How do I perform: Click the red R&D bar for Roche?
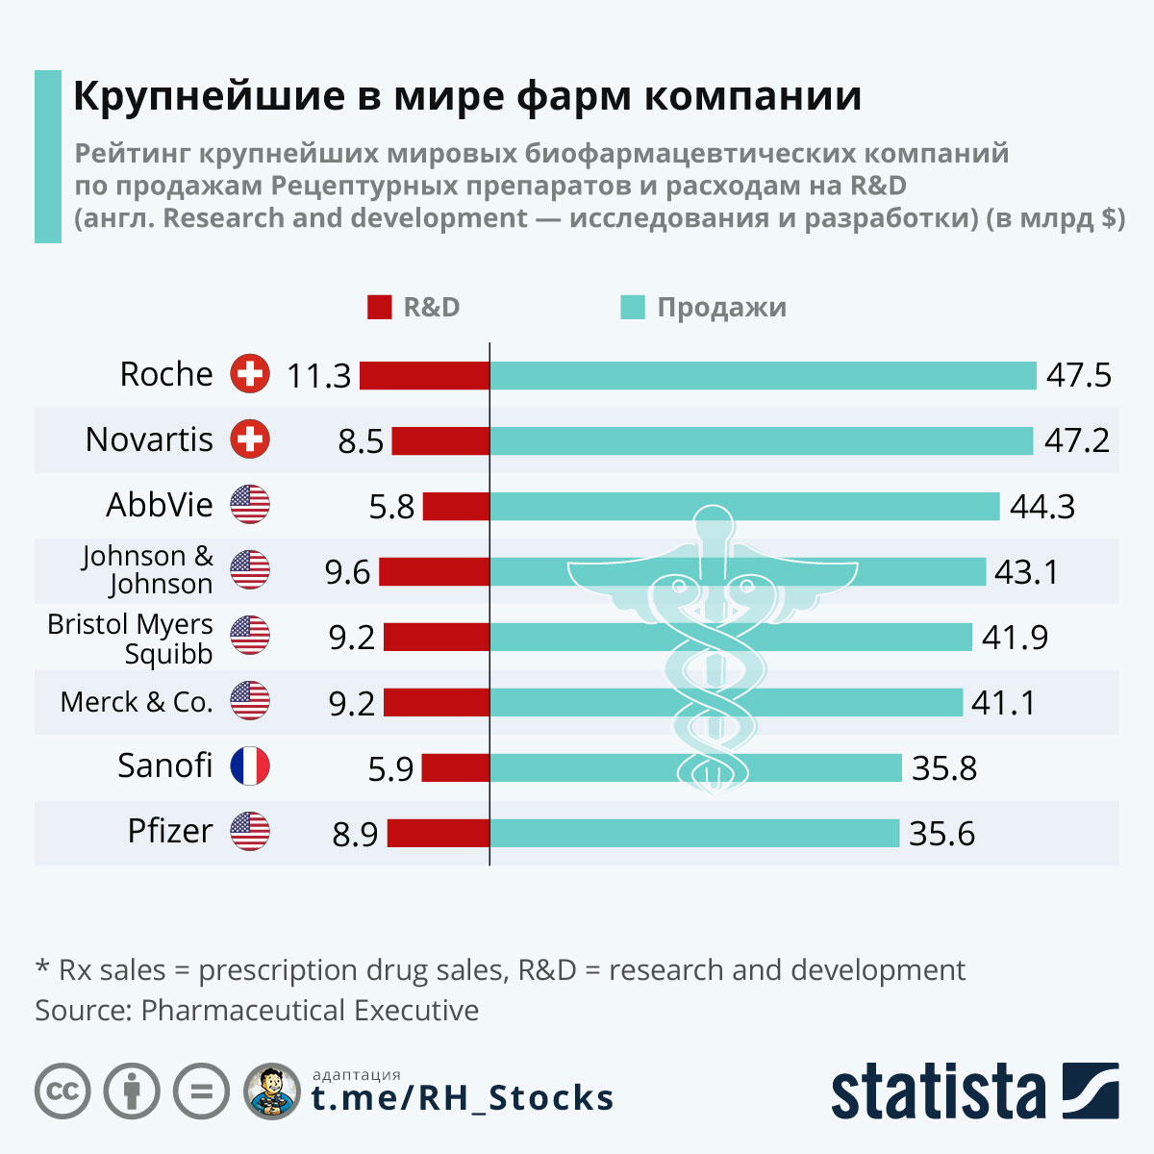pos(424,375)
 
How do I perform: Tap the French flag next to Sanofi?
pos(250,766)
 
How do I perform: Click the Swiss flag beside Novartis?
pos(250,439)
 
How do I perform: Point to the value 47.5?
pos(1079,375)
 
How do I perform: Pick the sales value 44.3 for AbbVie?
pos(1042,506)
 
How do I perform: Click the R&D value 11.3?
pos(319,376)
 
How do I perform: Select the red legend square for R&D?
pos(380,308)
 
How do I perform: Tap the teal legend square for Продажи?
pos(633,308)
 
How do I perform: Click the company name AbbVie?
pos(160,505)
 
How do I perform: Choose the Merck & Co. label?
pos(137,702)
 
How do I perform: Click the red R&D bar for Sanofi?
pos(456,767)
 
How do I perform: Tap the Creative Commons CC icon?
pos(63,1091)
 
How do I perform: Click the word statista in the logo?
pos(938,1091)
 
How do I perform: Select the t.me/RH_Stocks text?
pos(463,1098)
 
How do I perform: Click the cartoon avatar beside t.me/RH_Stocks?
pos(272,1091)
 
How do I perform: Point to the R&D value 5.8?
pos(391,507)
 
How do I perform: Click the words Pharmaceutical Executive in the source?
pos(310,1011)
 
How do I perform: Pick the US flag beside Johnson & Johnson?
pos(250,570)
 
